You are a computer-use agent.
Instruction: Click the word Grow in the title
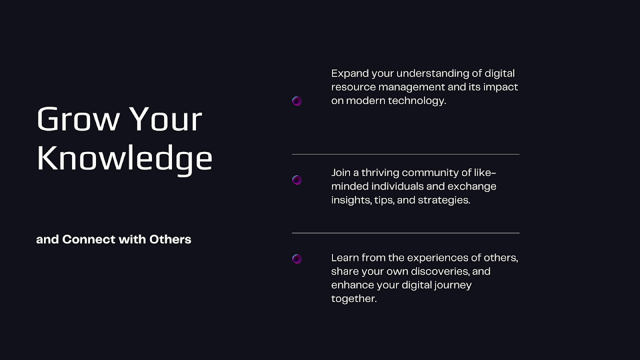coord(78,119)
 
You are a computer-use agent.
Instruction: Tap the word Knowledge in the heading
coord(125,159)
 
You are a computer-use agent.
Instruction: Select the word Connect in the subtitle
coord(88,239)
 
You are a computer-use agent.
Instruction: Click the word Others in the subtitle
coord(170,239)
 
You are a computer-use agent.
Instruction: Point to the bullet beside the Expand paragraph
coord(297,101)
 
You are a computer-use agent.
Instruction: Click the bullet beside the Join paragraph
coord(297,180)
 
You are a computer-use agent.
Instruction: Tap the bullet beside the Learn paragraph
coord(297,259)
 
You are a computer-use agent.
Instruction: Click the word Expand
coord(350,74)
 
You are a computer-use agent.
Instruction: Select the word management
coord(411,87)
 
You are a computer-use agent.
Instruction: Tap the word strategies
coord(444,200)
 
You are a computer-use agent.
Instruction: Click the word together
coord(354,299)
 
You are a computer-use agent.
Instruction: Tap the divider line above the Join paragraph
coord(405,154)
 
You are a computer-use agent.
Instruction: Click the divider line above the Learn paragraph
coord(405,233)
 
